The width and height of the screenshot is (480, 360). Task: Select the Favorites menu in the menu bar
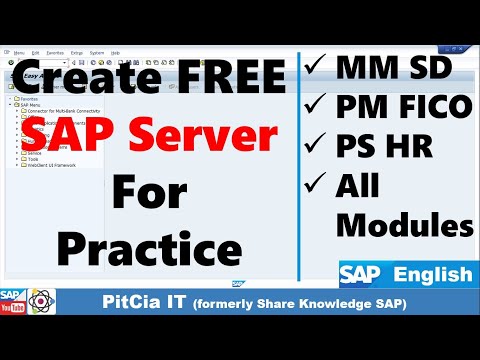click(55, 52)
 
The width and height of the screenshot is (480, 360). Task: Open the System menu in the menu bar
click(96, 52)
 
